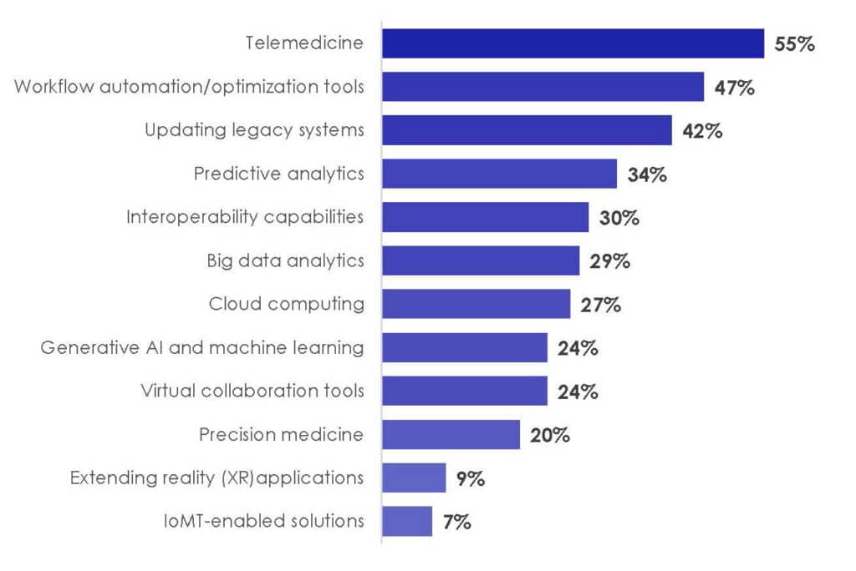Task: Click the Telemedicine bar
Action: (573, 43)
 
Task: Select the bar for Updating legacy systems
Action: (527, 130)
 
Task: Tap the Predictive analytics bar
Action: (499, 174)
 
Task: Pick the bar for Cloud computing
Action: (476, 304)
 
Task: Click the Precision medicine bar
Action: (451, 434)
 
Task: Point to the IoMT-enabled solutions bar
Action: (407, 521)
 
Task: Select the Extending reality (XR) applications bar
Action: (414, 478)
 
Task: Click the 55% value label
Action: (794, 44)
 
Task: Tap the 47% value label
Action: (735, 87)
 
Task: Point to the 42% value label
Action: (702, 131)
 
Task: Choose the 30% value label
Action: (619, 218)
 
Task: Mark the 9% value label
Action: (471, 478)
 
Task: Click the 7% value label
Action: (457, 523)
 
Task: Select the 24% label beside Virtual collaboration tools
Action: (578, 392)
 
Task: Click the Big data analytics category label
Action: (285, 260)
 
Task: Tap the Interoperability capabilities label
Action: (245, 217)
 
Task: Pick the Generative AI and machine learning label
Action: (202, 347)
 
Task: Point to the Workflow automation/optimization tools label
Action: (189, 87)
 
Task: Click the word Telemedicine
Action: (304, 43)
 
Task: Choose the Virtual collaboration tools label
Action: (252, 391)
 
